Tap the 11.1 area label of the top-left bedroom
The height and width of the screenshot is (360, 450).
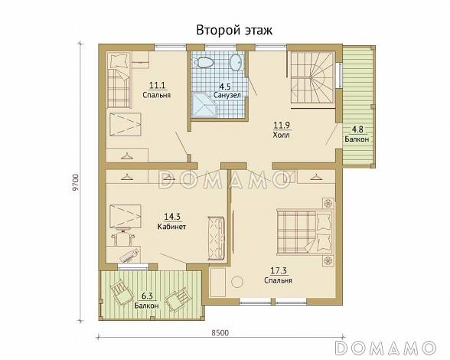coord(158,85)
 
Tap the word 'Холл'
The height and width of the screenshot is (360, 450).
coord(281,134)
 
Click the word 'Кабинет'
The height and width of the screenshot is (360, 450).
coord(172,227)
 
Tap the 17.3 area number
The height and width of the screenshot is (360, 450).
coord(279,270)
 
